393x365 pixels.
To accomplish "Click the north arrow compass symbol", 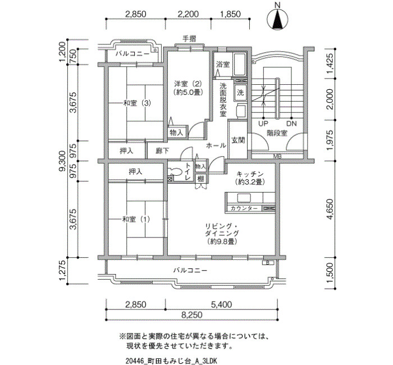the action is click(x=277, y=20).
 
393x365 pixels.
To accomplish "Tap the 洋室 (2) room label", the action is click(x=188, y=83).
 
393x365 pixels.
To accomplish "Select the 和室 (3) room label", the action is click(x=137, y=103).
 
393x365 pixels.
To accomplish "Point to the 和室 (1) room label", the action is click(x=136, y=220).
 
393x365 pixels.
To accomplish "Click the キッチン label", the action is click(x=250, y=174).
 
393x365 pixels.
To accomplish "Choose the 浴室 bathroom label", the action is click(x=223, y=65).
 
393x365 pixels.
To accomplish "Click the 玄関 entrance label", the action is click(x=238, y=140).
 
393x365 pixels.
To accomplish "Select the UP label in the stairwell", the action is click(x=263, y=124).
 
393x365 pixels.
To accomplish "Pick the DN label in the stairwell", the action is click(x=291, y=124).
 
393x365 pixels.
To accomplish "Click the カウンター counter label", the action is click(x=244, y=208).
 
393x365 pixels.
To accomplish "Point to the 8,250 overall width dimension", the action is click(x=192, y=314).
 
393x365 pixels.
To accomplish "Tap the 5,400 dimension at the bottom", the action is click(x=222, y=304).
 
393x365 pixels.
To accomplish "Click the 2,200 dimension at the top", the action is click(x=188, y=14).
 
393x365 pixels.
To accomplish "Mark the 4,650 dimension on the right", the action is click(x=330, y=209).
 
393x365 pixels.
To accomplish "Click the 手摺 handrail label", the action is click(x=189, y=39).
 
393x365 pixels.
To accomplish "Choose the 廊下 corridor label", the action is click(x=162, y=151).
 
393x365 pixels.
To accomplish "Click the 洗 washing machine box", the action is click(x=240, y=93).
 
